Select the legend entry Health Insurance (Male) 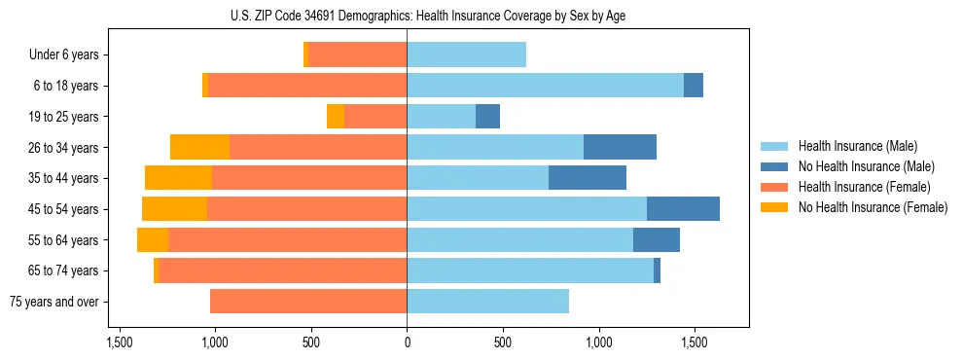[857, 146]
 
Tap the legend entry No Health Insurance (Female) [873, 207]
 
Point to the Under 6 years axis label [63, 55]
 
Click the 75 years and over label [53, 302]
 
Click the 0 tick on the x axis [407, 343]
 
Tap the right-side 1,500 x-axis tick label [694, 343]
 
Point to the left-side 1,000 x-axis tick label [214, 343]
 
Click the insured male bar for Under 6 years [466, 55]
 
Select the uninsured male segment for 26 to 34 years [620, 147]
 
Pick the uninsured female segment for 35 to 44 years [178, 178]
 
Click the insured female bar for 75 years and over [307, 302]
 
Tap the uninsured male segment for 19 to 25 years [487, 117]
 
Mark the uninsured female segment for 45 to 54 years [174, 209]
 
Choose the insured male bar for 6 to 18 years [545, 86]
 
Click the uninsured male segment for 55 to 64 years [656, 240]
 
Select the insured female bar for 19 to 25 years [374, 117]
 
